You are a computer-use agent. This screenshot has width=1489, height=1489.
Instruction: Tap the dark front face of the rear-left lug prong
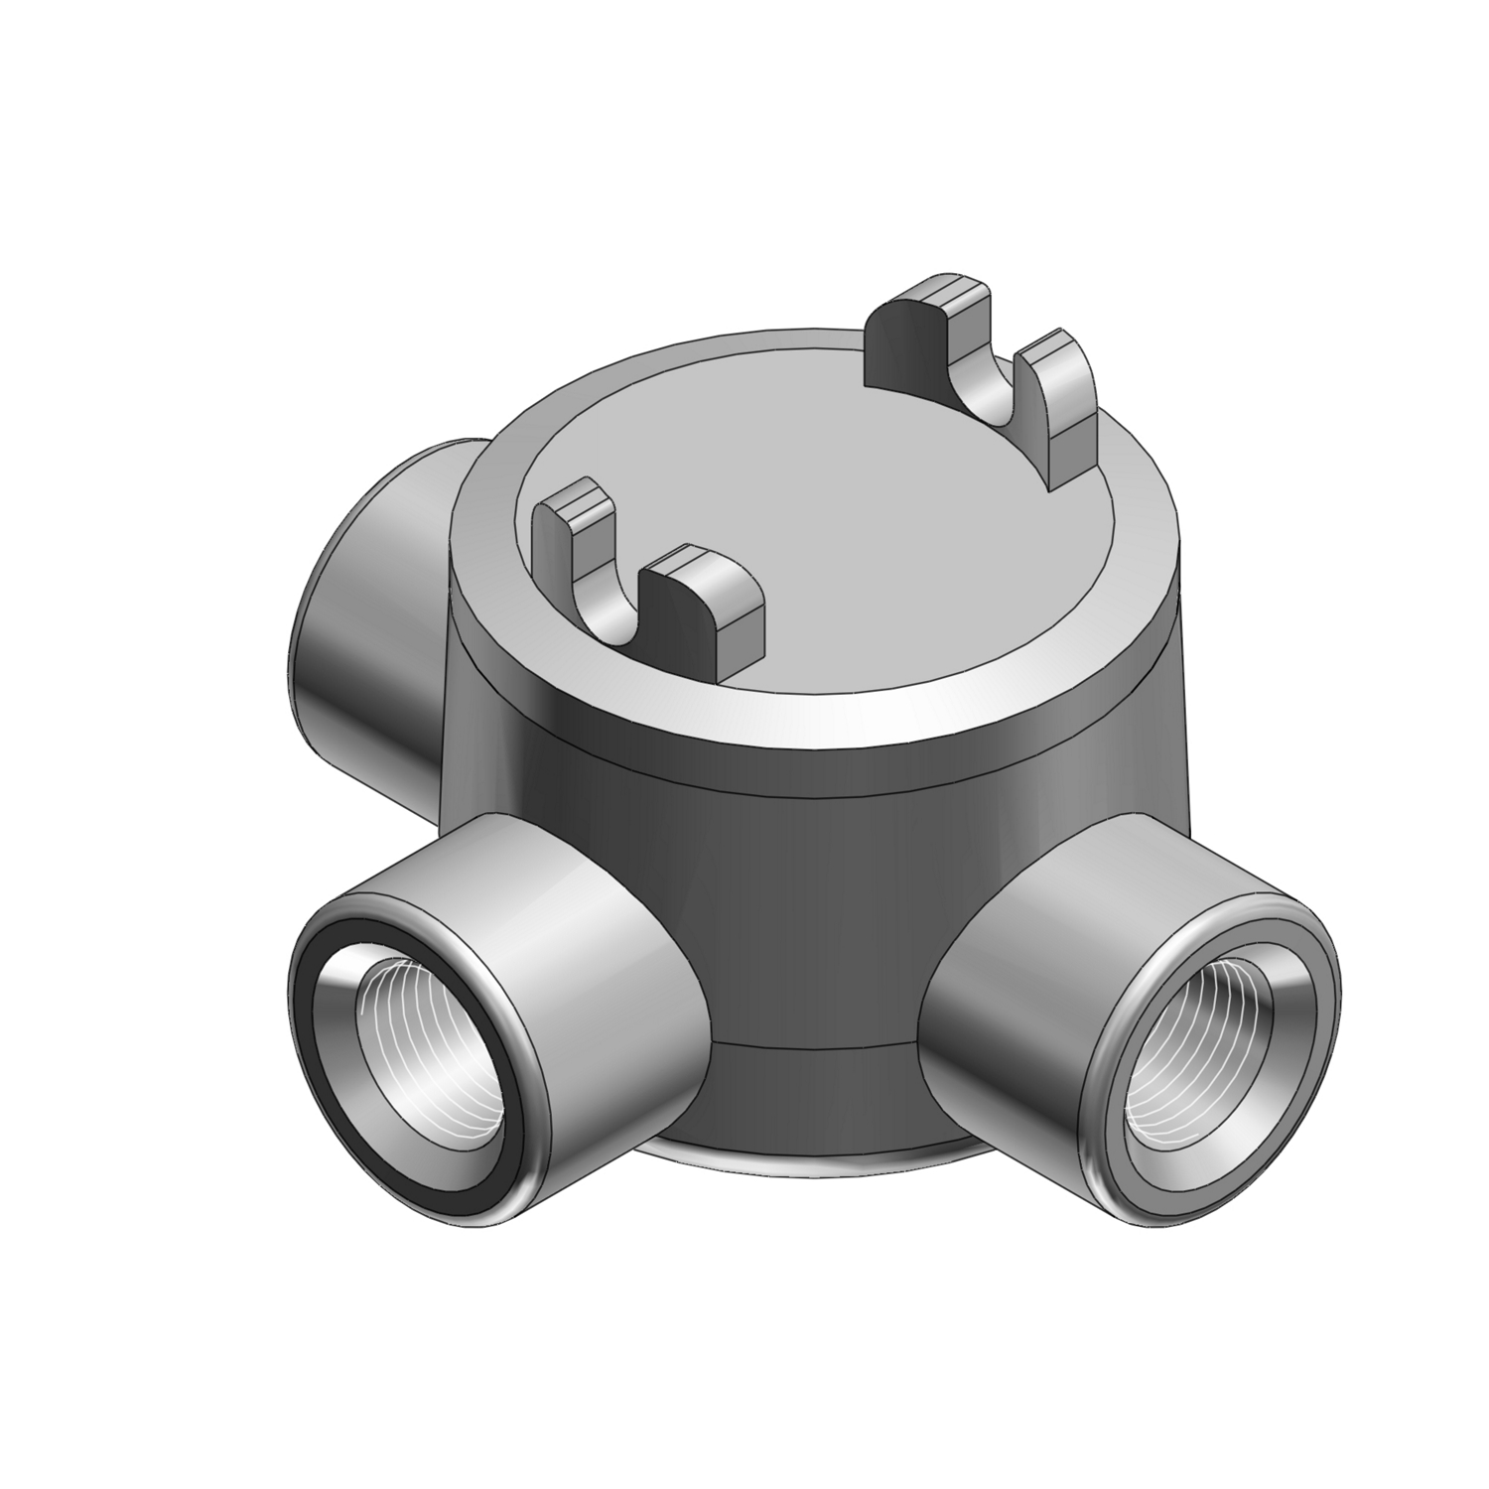point(898,347)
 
